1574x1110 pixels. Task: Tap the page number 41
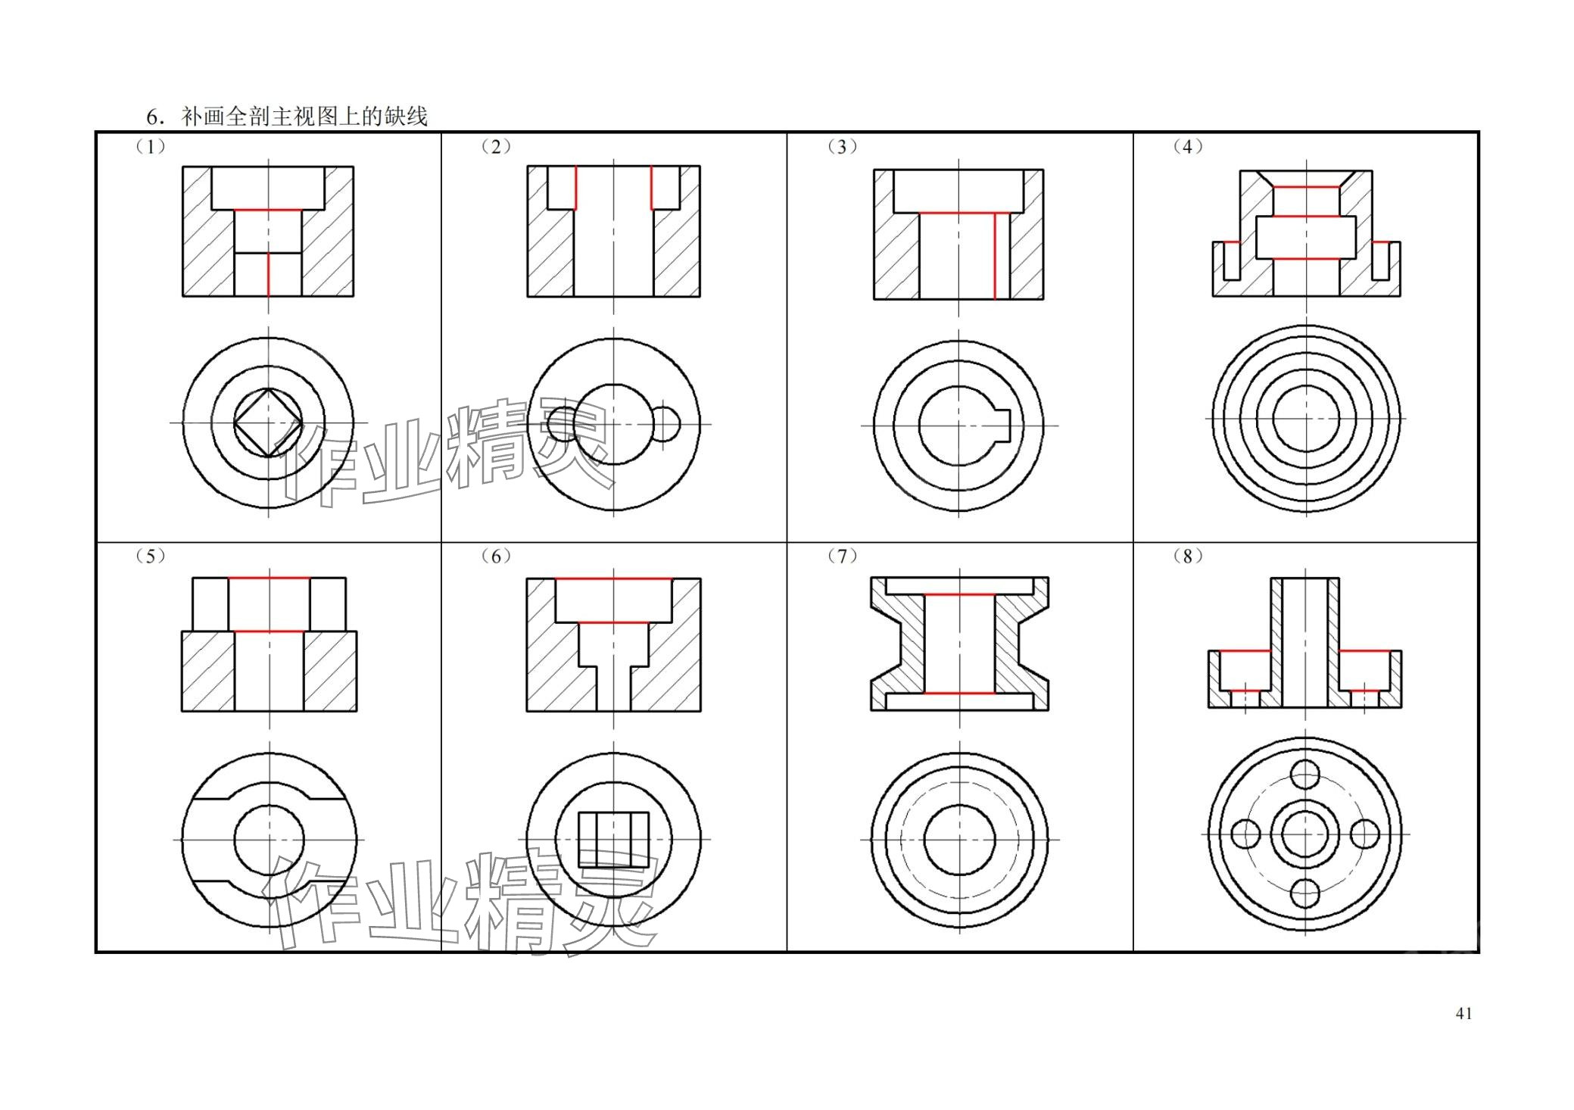(1463, 1013)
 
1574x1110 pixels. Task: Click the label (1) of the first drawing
(150, 146)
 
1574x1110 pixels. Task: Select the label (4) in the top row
(1187, 146)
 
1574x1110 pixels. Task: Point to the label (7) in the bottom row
(842, 556)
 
